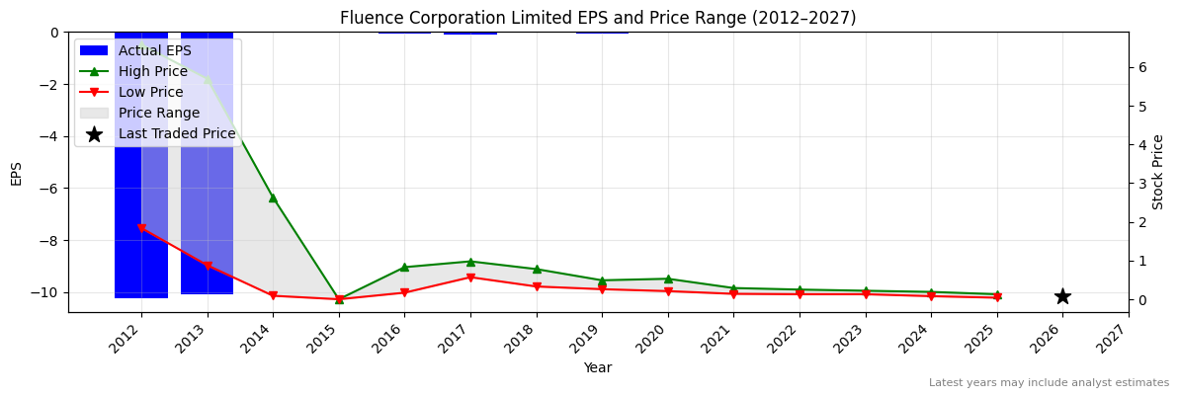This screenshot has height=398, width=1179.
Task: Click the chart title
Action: click(598, 18)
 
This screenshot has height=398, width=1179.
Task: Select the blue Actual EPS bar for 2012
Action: click(141, 198)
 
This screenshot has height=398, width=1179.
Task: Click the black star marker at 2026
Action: click(1062, 296)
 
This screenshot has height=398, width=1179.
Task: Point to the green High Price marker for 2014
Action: click(273, 198)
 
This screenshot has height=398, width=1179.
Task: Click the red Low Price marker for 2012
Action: click(141, 228)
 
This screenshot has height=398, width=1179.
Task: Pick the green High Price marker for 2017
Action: click(470, 262)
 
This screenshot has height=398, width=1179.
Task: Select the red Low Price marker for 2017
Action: click(470, 278)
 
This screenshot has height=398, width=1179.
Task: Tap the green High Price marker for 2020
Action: click(668, 279)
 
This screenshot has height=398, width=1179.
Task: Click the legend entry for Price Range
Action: click(158, 113)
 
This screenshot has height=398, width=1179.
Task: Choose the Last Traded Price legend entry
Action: click(176, 133)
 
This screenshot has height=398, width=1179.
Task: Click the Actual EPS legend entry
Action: click(154, 50)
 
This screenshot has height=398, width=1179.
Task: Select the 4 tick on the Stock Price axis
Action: click(1141, 144)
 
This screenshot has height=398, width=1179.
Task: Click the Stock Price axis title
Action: click(1158, 172)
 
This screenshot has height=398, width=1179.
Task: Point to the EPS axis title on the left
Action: click(16, 173)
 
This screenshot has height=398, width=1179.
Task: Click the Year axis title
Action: click(598, 367)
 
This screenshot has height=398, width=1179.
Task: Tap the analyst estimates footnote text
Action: click(1049, 383)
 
